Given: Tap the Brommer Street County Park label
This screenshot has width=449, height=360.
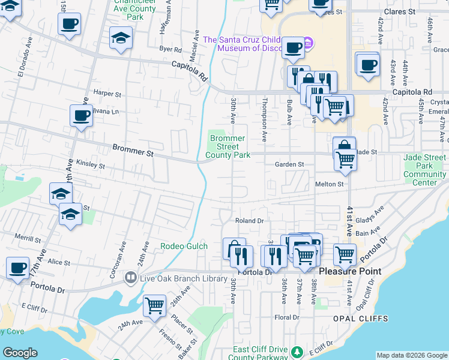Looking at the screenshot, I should click(228, 147).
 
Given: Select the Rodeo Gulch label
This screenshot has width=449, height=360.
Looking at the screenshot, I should click(184, 246).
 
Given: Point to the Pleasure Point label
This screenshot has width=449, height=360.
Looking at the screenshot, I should click(349, 271).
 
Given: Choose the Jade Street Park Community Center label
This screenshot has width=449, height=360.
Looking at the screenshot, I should click(424, 170).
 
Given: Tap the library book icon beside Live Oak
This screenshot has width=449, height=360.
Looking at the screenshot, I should click(130, 278).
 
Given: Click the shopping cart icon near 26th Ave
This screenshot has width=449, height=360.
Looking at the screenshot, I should click(155, 305).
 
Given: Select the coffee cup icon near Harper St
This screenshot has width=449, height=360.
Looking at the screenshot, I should click(81, 115).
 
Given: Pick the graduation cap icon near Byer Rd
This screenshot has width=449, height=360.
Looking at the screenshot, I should click(121, 38).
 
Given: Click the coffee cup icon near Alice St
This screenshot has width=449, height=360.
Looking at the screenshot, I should click(18, 268).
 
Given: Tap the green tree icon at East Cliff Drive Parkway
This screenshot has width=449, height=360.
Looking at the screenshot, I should click(296, 351).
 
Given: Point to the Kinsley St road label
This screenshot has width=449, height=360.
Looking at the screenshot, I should click(91, 164).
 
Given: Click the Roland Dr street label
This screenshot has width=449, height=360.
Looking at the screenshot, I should click(249, 221).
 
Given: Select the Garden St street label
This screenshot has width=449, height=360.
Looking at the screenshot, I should click(290, 164).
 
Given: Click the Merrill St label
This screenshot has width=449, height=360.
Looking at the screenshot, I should click(28, 239).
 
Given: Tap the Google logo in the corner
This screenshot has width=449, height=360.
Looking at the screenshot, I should click(20, 353).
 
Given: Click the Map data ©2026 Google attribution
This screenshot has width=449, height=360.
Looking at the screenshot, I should click(412, 355).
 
